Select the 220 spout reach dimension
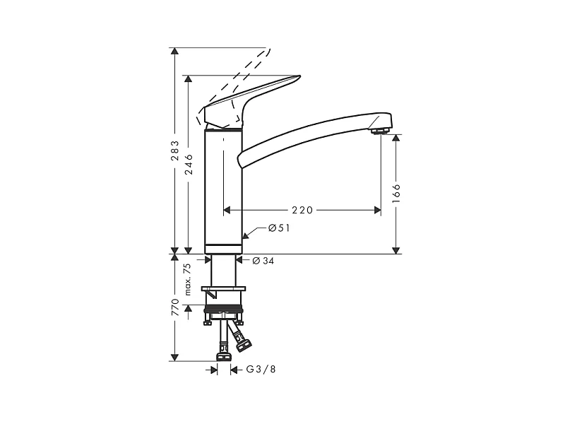point(302,210)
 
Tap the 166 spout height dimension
point(396,193)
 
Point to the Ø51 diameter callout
point(279,228)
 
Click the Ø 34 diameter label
point(263,261)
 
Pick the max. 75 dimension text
point(188,278)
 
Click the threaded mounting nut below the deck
point(224,309)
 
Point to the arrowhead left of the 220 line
point(227,210)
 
